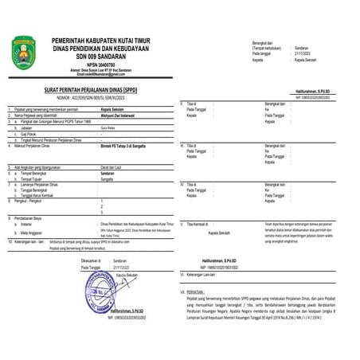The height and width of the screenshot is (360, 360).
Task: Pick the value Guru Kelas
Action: click(x=109, y=127)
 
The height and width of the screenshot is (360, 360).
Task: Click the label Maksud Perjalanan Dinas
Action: click(x=39, y=147)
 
